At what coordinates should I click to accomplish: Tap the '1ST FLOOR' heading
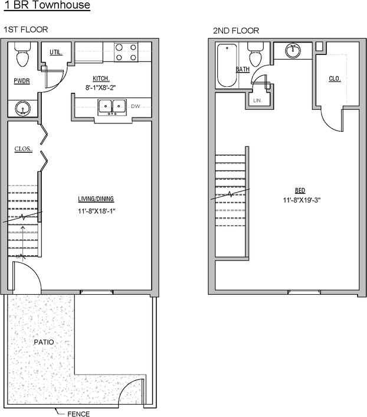click(x=26, y=30)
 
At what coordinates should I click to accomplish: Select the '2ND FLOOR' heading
click(x=236, y=31)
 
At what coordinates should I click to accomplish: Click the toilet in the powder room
click(x=23, y=57)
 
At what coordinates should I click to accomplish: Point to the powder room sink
click(x=23, y=108)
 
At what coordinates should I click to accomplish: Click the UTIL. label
click(x=57, y=52)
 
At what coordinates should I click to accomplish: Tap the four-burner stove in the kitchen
click(x=125, y=52)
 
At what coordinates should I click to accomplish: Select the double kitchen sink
click(x=112, y=107)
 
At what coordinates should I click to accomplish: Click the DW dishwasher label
click(x=135, y=107)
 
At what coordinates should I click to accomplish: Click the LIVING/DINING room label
click(x=96, y=199)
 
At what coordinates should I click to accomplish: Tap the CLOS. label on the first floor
click(x=24, y=149)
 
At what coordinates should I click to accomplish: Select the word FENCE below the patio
click(x=78, y=413)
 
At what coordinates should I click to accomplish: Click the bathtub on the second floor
click(x=226, y=65)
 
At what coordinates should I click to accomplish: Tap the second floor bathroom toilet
click(x=256, y=57)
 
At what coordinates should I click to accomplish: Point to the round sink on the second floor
click(x=294, y=51)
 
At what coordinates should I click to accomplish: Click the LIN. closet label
click(x=257, y=101)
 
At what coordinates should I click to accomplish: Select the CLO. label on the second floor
click(x=335, y=79)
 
